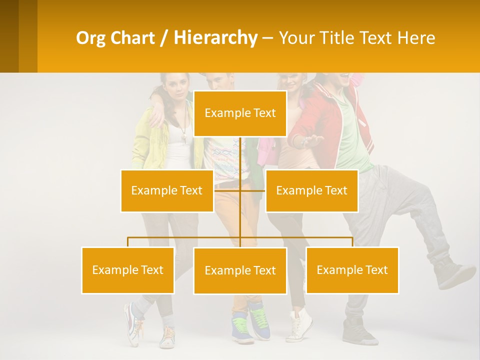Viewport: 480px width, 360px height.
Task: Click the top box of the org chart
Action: point(240,113)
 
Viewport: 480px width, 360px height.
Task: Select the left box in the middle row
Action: point(167,190)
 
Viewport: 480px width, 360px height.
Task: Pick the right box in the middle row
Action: point(311,190)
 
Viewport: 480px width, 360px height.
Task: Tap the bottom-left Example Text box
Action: point(128,270)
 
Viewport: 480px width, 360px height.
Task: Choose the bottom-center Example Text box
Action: point(240,270)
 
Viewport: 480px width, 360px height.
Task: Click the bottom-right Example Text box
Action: point(352,270)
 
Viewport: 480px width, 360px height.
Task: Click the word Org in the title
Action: point(88,38)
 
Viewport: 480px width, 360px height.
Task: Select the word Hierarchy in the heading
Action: point(215,38)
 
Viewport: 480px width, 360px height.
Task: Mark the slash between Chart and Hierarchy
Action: point(163,38)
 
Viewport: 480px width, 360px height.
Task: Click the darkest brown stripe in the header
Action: point(9,36)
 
